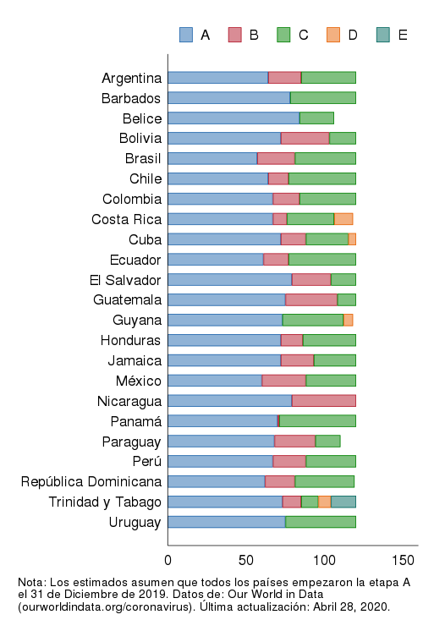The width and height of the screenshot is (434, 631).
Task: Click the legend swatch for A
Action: pyautogui.click(x=187, y=35)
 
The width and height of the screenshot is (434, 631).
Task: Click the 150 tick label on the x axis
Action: pyautogui.click(x=403, y=560)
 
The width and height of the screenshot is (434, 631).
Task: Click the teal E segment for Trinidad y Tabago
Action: pyautogui.click(x=343, y=502)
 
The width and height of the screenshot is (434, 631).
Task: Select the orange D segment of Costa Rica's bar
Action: pyautogui.click(x=343, y=219)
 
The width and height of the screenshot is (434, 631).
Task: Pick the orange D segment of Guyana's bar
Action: pyautogui.click(x=348, y=320)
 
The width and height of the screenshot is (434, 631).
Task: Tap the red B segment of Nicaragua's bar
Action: pyautogui.click(x=323, y=401)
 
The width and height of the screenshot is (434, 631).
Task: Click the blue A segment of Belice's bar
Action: pyautogui.click(x=233, y=118)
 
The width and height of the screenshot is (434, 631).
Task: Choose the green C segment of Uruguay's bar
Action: pyautogui.click(x=320, y=522)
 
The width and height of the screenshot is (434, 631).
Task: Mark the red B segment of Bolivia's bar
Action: pyautogui.click(x=305, y=138)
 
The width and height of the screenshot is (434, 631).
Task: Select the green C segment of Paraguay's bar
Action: pyautogui.click(x=327, y=441)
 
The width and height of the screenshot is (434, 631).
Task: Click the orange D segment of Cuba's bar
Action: pyautogui.click(x=352, y=239)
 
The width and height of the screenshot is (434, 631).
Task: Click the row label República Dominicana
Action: pyautogui.click(x=91, y=481)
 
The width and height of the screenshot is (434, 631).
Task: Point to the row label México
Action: pyautogui.click(x=138, y=381)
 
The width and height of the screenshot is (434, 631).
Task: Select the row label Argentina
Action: pyautogui.click(x=131, y=78)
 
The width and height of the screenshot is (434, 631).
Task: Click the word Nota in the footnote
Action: pyautogui.click(x=31, y=583)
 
